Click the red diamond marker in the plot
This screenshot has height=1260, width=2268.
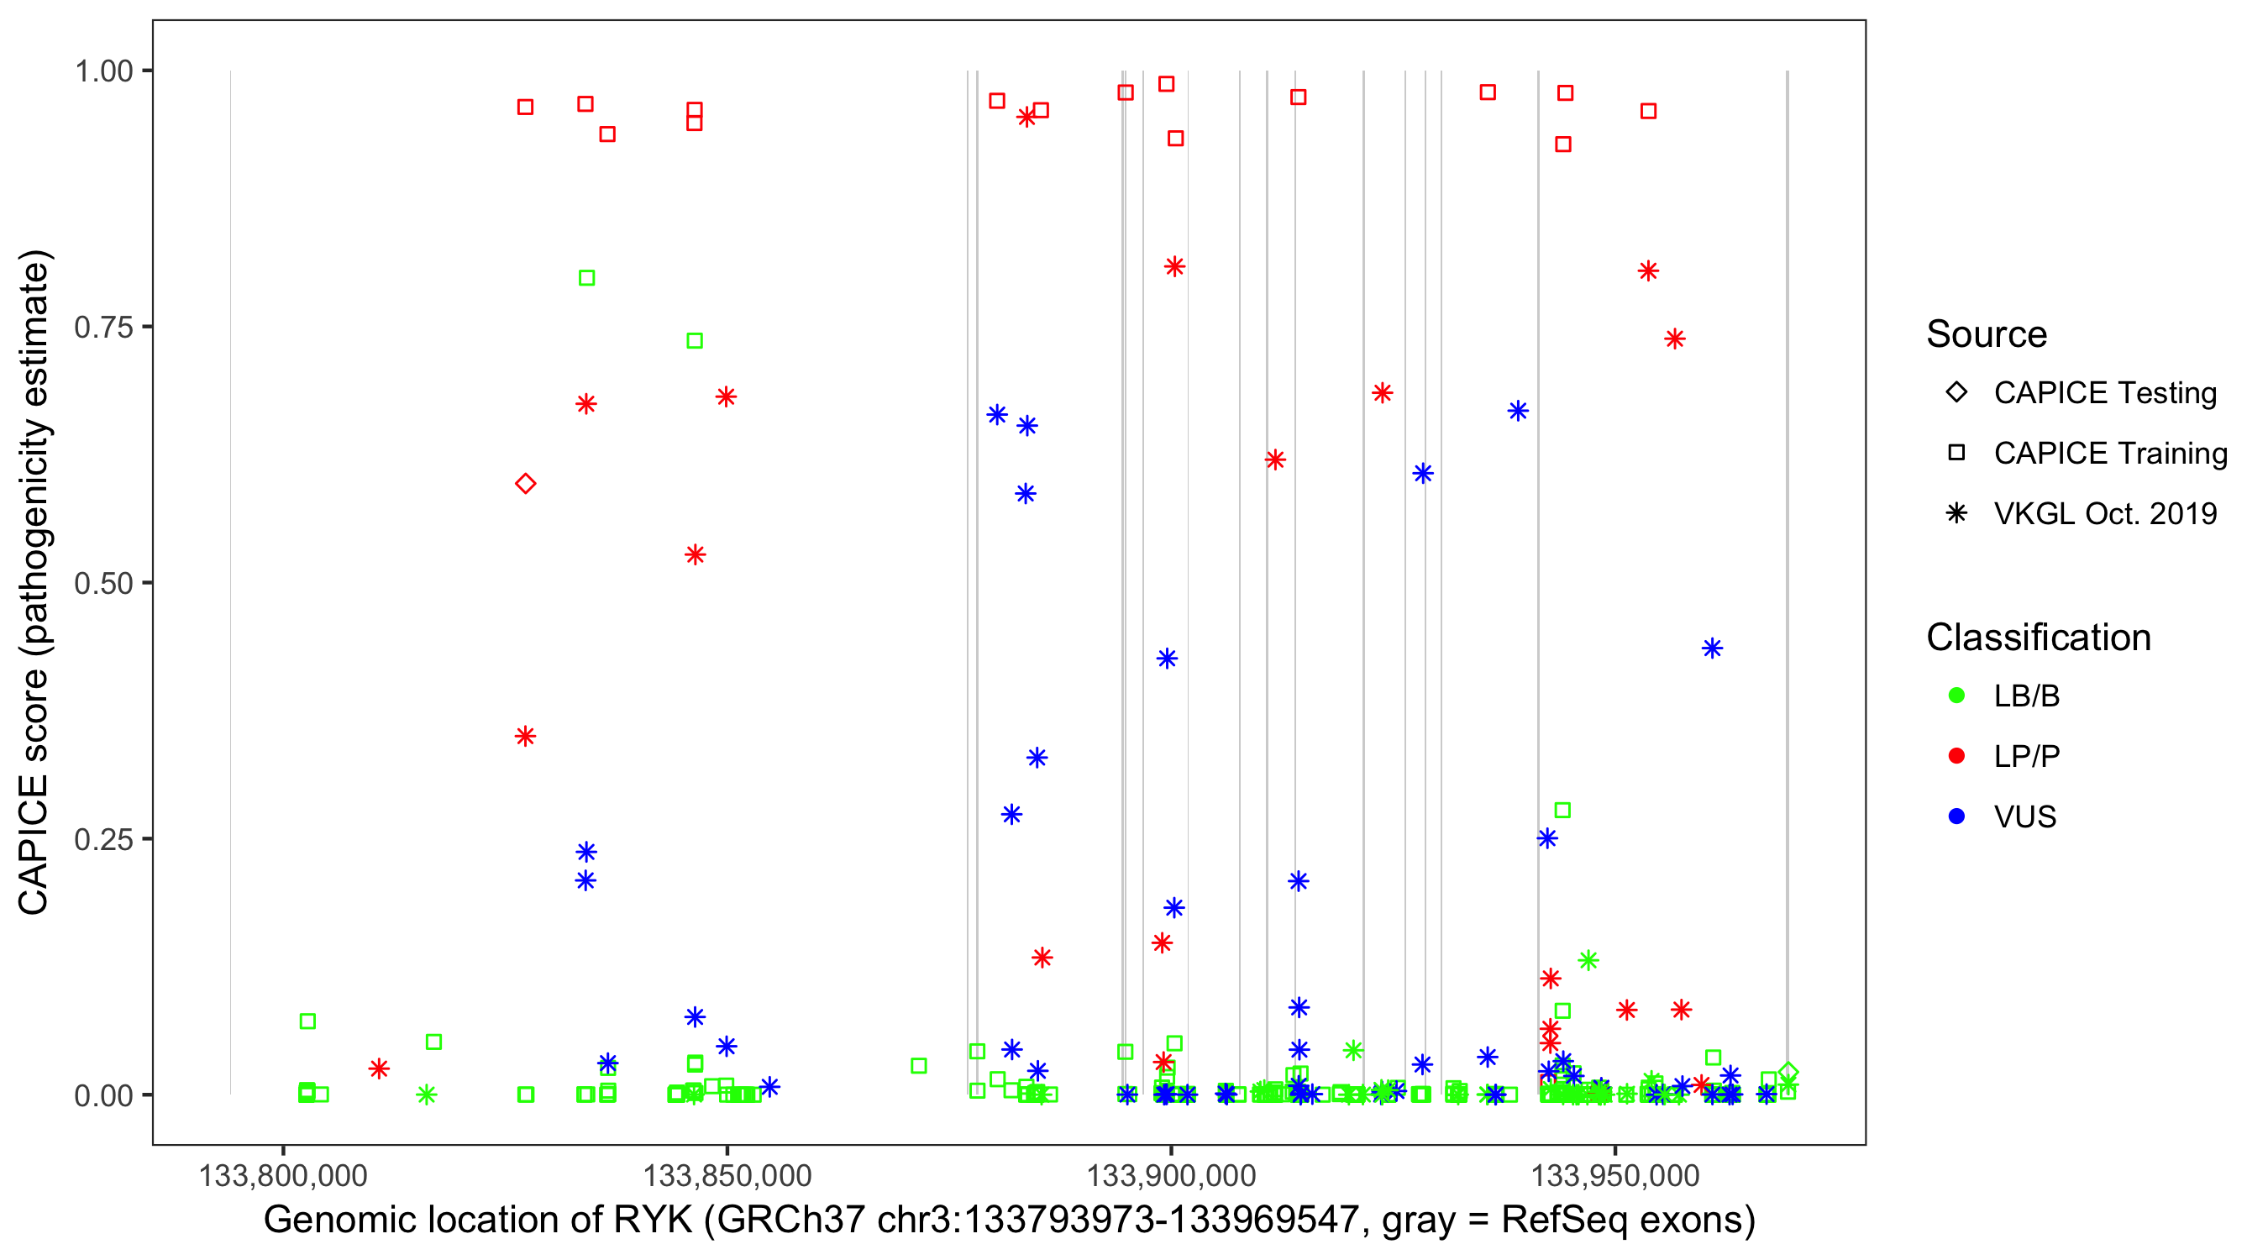pos(526,483)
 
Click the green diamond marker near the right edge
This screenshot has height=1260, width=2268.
pos(1788,1073)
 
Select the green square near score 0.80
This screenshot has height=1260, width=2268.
pos(586,278)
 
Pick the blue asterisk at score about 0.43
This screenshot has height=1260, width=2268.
pos(1167,659)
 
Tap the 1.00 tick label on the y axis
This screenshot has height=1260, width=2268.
pos(103,71)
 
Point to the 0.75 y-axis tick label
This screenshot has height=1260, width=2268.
pos(103,328)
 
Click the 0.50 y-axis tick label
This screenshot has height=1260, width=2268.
pos(103,583)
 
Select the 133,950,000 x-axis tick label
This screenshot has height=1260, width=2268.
pos(1614,1175)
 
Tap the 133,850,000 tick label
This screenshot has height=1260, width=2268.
pos(727,1175)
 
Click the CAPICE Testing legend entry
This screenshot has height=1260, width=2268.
pos(2104,393)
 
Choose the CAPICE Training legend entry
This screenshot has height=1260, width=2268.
pos(2109,454)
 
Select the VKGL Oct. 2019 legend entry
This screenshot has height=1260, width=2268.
pos(2104,514)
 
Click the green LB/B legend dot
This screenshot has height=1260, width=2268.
pos(1957,696)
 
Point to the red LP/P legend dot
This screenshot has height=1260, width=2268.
pos(1957,756)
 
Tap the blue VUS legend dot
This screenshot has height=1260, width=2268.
pos(1957,817)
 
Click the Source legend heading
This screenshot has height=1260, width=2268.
pos(1987,334)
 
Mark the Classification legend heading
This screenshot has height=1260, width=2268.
pos(2038,638)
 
